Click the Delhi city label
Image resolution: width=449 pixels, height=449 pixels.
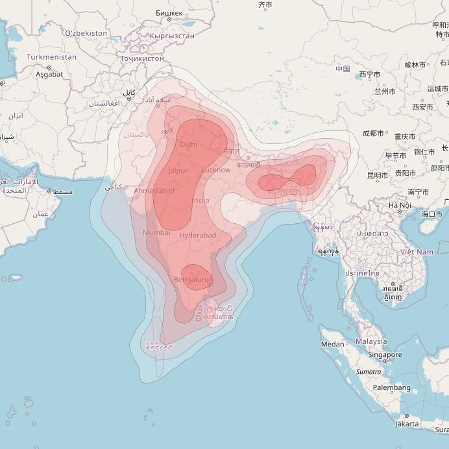point(188,144)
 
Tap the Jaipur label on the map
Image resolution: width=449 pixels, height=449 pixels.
point(178,171)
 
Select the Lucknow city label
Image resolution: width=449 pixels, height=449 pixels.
point(215,170)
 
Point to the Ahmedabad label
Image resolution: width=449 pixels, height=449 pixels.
point(154,191)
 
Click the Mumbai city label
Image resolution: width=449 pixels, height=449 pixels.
point(156,232)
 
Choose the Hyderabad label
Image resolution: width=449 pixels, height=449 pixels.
point(198,235)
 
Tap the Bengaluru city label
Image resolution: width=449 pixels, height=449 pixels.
point(191,280)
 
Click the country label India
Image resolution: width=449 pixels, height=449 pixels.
point(200,200)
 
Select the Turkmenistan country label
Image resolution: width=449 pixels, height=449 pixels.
point(51,57)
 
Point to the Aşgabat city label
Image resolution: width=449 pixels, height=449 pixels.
point(49,74)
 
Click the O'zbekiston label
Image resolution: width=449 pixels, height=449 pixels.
point(86,32)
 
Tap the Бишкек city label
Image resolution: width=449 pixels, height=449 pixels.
point(169,13)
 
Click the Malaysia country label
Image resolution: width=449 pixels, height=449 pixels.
point(371,341)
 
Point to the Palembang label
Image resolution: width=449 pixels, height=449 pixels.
point(392,387)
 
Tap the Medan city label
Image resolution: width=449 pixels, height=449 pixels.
point(333,345)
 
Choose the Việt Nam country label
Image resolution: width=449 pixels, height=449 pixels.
point(416,252)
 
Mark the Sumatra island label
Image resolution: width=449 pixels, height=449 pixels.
point(369,372)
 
